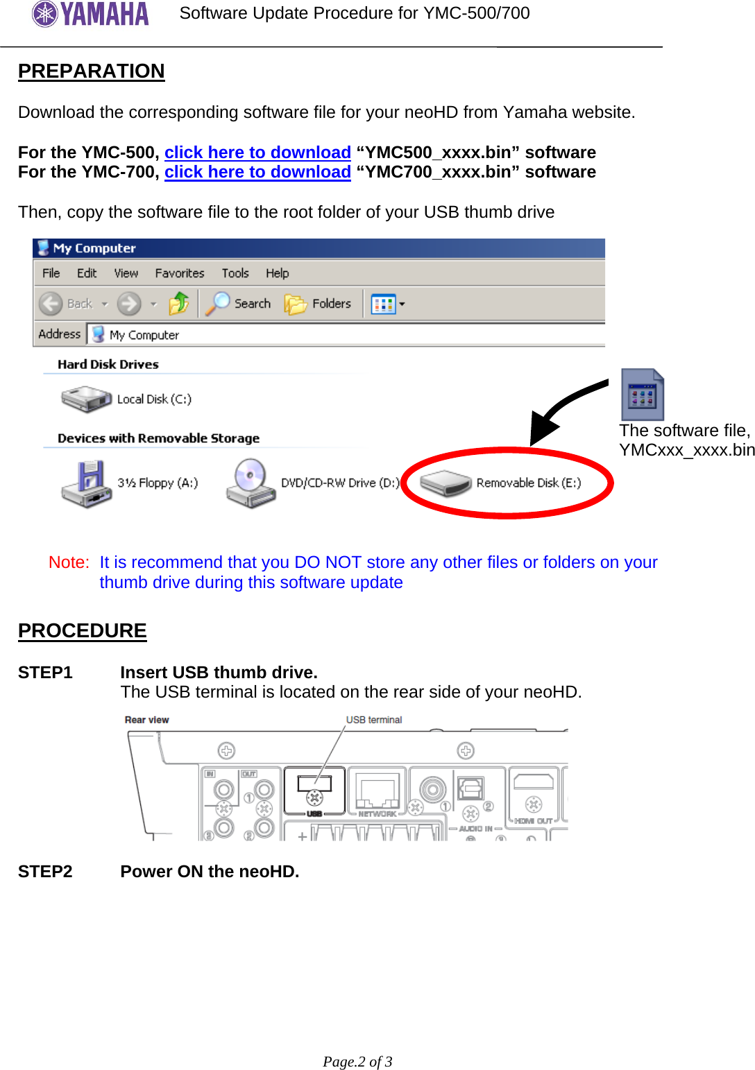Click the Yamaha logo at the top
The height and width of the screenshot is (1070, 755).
[90, 14]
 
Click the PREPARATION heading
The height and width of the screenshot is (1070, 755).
[91, 71]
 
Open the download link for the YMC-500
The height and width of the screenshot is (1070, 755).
[257, 153]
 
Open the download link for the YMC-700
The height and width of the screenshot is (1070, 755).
[257, 172]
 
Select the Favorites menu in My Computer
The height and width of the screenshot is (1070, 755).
[179, 273]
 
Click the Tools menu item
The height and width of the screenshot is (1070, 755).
[235, 273]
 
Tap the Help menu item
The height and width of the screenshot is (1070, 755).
[277, 273]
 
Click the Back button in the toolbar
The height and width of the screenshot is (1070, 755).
[65, 304]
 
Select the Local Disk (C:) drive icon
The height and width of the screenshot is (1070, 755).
[86, 399]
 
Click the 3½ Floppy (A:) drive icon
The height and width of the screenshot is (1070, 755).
[86, 483]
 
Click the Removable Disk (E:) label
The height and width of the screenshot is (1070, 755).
[528, 483]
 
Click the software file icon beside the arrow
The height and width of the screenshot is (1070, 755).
[642, 395]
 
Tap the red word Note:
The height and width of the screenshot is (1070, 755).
[69, 562]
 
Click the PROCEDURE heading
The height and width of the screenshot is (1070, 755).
[82, 630]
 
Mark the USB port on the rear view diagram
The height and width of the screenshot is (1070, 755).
[314, 787]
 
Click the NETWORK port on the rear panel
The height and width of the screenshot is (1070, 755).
[377, 791]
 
